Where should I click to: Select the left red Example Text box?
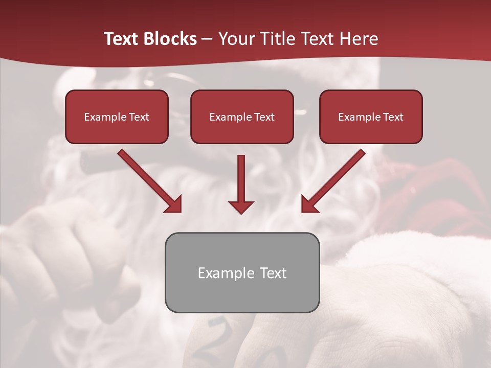[x=117, y=117]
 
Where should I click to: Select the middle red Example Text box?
[x=242, y=117]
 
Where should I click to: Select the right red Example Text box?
[x=371, y=117]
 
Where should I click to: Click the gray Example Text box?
[x=242, y=272]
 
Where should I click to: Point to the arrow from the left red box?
[x=148, y=180]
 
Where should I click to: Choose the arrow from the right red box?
[x=334, y=180]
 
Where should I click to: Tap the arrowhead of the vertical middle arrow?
[x=241, y=206]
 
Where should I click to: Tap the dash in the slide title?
[x=207, y=39]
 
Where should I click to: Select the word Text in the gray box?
[x=273, y=273]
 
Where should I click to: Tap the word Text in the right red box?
[x=393, y=117]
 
